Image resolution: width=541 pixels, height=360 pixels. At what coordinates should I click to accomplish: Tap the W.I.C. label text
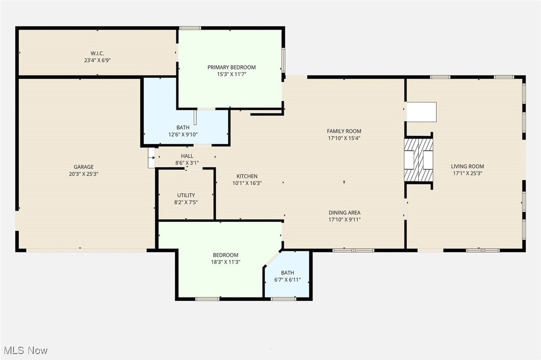point(97,53)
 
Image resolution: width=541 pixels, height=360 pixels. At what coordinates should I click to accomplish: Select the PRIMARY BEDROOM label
point(231,67)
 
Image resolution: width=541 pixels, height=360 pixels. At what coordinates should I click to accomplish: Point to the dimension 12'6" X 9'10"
point(183,134)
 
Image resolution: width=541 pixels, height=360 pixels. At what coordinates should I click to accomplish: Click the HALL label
point(187,156)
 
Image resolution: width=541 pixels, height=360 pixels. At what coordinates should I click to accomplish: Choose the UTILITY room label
point(186,195)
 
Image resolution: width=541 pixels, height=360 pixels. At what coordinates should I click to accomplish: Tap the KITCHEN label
point(247,176)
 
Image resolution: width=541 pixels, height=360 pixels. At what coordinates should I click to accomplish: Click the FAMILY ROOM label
point(344,131)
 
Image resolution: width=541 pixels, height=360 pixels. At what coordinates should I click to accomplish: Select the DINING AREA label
point(344,213)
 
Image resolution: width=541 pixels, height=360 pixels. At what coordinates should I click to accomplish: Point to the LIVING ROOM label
point(467,166)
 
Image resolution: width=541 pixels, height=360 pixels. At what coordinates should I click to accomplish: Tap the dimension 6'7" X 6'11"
point(287,280)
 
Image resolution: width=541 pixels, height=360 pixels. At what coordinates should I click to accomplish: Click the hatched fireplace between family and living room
point(418,160)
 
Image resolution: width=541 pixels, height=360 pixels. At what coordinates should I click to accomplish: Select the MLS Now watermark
point(24,351)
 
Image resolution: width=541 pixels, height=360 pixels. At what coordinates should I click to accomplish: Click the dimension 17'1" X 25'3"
point(467,173)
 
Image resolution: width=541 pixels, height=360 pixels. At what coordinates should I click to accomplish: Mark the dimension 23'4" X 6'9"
point(97,60)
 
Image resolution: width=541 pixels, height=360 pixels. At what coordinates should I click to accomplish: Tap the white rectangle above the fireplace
point(421,112)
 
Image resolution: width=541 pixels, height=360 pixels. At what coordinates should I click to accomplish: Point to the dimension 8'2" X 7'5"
point(186,202)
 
